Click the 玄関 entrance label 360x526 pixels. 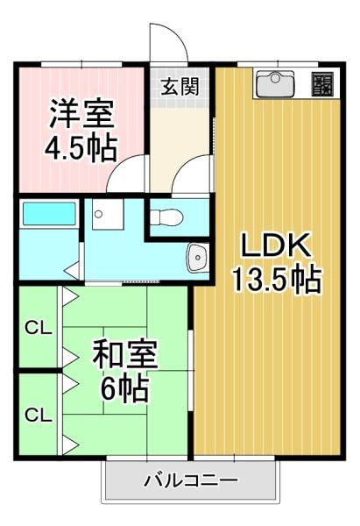point(180,87)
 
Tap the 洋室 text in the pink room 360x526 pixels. point(81,114)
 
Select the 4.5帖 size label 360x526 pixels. point(81,148)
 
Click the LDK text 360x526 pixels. point(274,245)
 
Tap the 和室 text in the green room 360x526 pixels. point(125,354)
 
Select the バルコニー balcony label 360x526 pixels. point(191,480)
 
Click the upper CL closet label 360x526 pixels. point(39,329)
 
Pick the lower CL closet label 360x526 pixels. point(39,416)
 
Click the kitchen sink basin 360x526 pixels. point(275,83)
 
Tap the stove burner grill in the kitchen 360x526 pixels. point(322,84)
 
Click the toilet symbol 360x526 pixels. point(166,217)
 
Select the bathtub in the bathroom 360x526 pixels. point(49,214)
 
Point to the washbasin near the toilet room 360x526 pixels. point(197,257)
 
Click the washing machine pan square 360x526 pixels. point(108,214)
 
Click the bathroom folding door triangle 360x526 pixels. point(72,270)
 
